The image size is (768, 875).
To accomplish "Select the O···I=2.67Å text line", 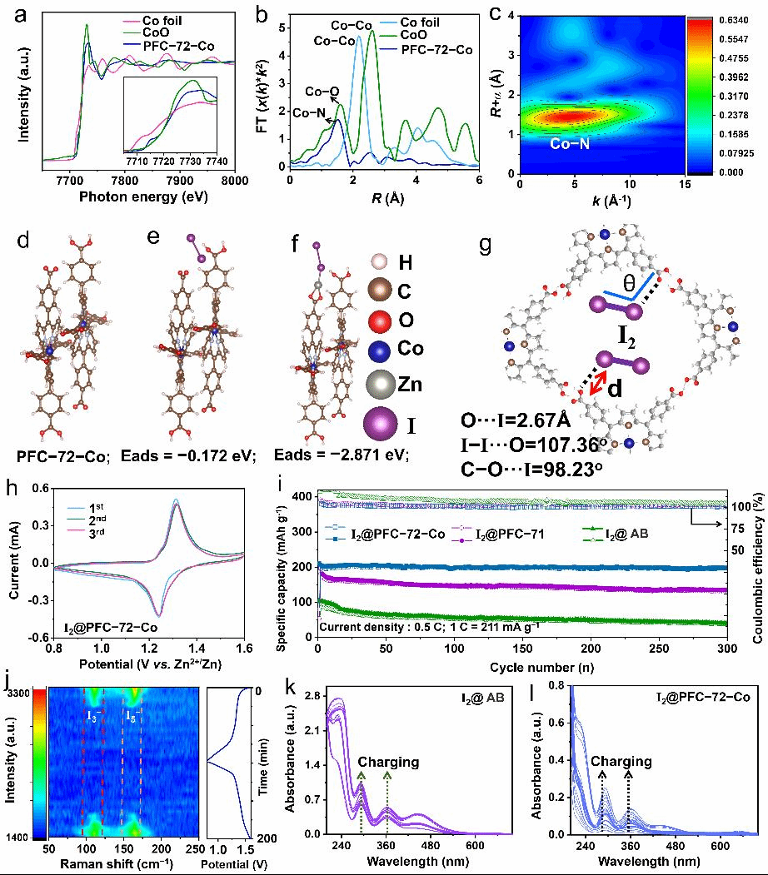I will tap(514, 419).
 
